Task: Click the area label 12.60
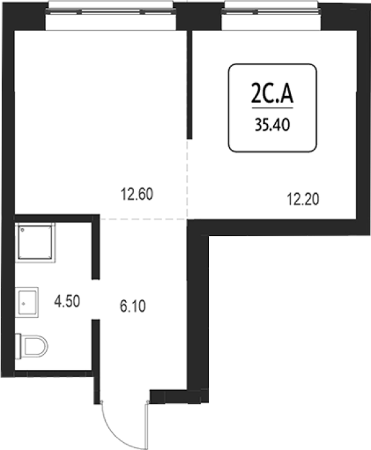[x=137, y=194]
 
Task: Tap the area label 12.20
[x=303, y=199]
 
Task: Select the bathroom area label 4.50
[x=67, y=302]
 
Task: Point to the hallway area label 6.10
[x=133, y=306]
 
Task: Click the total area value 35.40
[x=273, y=125]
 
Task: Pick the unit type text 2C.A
[x=273, y=93]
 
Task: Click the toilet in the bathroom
[x=32, y=346]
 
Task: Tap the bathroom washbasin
[x=27, y=302]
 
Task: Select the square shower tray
[x=35, y=242]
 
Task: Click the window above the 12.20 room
[x=271, y=11]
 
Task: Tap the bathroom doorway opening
[x=96, y=299]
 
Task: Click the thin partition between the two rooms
[x=189, y=85]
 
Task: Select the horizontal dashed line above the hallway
[x=143, y=219]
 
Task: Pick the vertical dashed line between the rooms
[x=187, y=179]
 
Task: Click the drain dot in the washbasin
[x=24, y=304]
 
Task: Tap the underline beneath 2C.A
[x=273, y=108]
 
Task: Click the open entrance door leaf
[x=148, y=425]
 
